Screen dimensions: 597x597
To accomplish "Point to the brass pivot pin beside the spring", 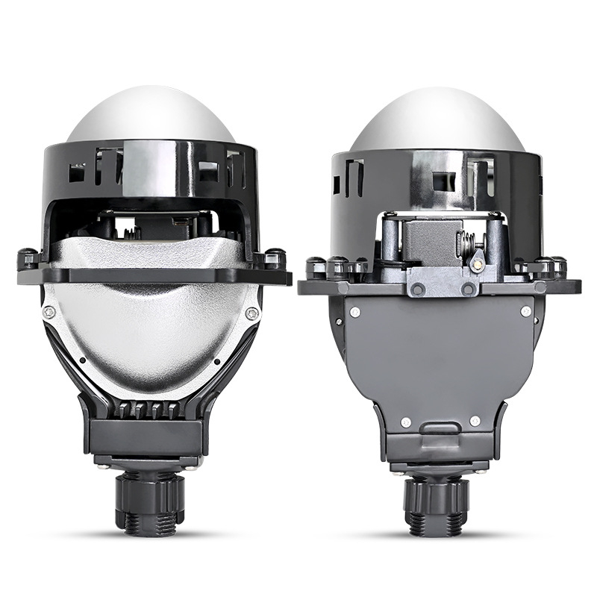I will tap(475, 261).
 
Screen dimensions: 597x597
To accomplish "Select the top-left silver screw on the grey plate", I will tap(355, 313).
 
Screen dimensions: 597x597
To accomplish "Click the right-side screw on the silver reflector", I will tap(253, 313).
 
